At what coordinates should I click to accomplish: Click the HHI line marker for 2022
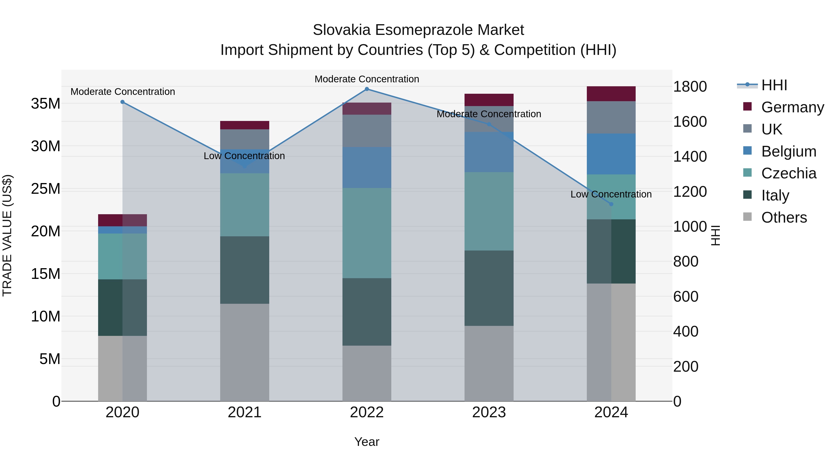coord(367,89)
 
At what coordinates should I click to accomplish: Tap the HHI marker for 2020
coord(123,102)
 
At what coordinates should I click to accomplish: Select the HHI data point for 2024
coord(611,204)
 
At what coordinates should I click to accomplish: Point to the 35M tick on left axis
coord(46,104)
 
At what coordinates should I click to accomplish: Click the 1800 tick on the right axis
coord(690,87)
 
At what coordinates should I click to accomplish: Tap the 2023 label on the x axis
coord(489,412)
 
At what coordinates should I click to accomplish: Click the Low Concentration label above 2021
coord(244,156)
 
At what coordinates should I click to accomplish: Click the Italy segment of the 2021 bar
coord(244,270)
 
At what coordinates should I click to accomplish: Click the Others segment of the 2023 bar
coord(489,363)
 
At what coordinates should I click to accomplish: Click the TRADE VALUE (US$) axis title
coord(7,235)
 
